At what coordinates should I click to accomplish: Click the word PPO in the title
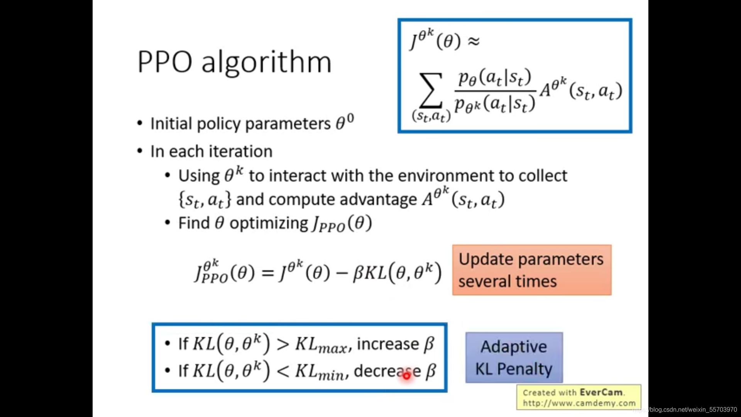pos(165,62)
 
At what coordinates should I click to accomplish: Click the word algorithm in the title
pos(267,63)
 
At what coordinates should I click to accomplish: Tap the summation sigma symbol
pos(431,90)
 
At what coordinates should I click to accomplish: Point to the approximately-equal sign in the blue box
pos(474,41)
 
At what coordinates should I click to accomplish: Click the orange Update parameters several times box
pos(532,270)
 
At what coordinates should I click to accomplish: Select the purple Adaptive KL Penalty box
pos(514,358)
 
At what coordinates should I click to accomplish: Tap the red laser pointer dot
pos(406,375)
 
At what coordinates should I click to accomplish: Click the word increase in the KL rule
pos(388,344)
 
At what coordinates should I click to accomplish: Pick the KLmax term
pos(321,344)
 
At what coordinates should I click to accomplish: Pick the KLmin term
pos(320,371)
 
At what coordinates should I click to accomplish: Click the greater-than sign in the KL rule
pos(283,344)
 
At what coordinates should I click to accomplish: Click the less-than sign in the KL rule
pos(283,371)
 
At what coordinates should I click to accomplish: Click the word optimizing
pos(269,224)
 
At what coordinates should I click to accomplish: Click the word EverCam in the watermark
pos(601,392)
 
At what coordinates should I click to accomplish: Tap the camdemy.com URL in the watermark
pos(579,403)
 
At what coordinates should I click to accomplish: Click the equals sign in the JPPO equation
pos(267,273)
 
